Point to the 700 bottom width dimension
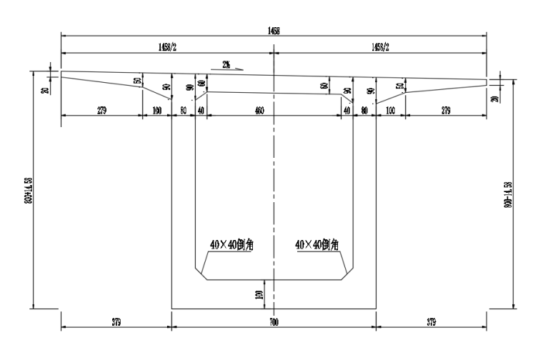click(x=273, y=323)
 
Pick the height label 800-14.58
click(x=507, y=193)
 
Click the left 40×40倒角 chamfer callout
click(x=232, y=244)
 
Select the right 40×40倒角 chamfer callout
click(x=317, y=244)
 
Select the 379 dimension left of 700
click(x=115, y=323)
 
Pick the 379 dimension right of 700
click(x=431, y=323)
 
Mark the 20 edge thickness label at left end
click(x=46, y=91)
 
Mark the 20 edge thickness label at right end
click(x=495, y=98)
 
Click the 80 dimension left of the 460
click(x=184, y=111)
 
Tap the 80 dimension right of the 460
click(x=364, y=111)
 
